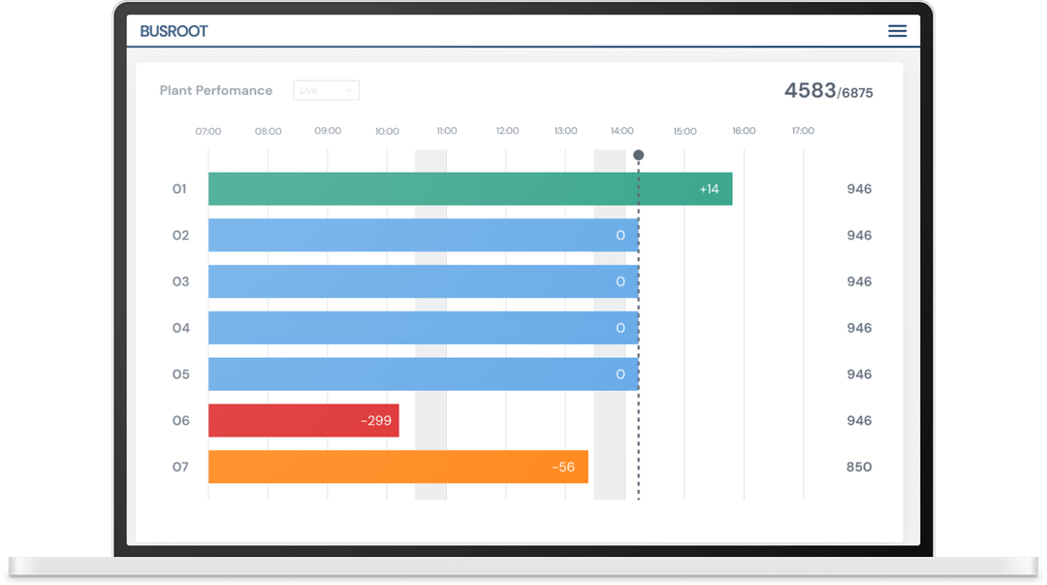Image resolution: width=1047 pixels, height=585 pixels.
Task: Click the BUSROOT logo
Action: point(174,31)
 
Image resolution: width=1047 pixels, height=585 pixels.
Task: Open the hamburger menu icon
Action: point(897,31)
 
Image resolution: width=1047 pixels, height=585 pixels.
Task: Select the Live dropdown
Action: point(326,90)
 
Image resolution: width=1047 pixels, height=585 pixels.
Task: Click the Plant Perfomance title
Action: point(216,90)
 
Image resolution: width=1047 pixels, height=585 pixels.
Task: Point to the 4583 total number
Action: point(809,90)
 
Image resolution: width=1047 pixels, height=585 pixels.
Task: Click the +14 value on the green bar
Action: point(709,189)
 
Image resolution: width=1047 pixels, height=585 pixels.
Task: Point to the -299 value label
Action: point(376,421)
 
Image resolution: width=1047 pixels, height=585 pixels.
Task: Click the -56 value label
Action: point(563,467)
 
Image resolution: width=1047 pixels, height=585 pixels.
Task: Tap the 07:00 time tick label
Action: point(208,131)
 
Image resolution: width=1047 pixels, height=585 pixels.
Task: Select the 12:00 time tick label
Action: point(507,131)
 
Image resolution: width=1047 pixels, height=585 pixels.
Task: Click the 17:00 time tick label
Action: point(803,131)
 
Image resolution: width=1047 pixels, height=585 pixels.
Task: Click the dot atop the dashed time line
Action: point(638,154)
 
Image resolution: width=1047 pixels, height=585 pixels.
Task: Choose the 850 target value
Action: point(859,467)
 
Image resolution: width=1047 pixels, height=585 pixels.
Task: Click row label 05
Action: point(181,374)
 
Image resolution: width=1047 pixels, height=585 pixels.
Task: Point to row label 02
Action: point(181,236)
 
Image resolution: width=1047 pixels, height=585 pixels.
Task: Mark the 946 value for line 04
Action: point(859,328)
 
